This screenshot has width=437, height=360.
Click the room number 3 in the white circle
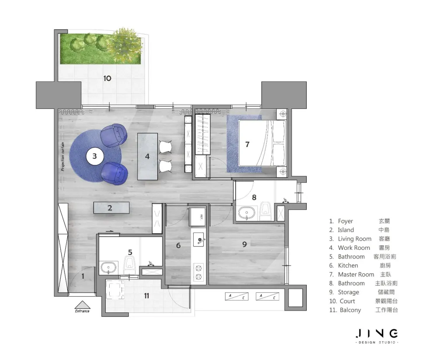point(94,156)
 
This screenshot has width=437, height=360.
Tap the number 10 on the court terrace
point(108,78)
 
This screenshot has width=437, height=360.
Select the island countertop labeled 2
point(111,208)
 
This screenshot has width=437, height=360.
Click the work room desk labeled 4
point(147,157)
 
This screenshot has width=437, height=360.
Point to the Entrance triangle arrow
point(82,304)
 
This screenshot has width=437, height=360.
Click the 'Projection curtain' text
point(62,157)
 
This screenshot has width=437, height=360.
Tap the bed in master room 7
point(262,143)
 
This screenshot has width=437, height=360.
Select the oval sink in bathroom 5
point(108,268)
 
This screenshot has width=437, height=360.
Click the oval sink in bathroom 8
point(246,213)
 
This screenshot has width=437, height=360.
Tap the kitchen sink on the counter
point(199,239)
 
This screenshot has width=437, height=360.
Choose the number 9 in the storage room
point(244,245)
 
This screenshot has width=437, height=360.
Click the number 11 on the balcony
point(146,296)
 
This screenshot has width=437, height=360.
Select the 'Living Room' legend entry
point(354,239)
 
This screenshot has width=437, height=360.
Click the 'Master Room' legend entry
point(356,275)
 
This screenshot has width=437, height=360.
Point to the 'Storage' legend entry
point(348,292)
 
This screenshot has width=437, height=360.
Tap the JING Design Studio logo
point(377,336)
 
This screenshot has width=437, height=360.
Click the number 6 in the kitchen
point(178,245)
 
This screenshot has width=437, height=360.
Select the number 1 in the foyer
point(83,276)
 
